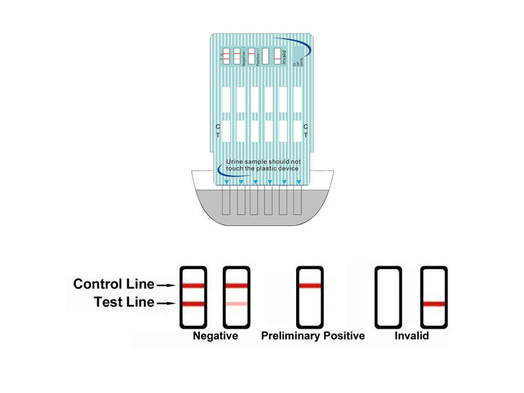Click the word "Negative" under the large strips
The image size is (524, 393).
pos(215,337)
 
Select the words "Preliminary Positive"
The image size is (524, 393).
pos(312,337)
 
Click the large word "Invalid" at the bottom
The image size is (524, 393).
pos(411,337)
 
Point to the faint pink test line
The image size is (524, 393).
pos(236,304)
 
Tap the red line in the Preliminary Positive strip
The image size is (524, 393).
pos(310,286)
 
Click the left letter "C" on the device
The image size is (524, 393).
pos(218,126)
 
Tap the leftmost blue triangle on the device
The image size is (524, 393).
pos(227,181)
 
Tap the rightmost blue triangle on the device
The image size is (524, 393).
pos(298,181)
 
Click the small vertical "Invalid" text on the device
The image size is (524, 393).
pos(284,56)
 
